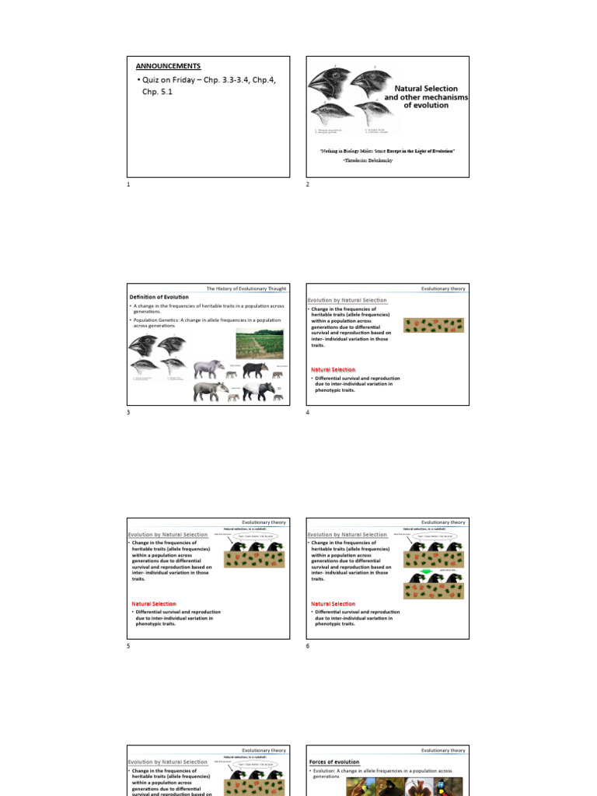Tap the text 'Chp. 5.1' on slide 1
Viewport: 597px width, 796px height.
coord(159,92)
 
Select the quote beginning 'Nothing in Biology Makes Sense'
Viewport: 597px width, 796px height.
coord(387,150)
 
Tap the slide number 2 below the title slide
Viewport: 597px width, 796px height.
coord(308,184)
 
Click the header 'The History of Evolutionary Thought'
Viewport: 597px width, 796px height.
coord(246,288)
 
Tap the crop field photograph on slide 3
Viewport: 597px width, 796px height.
coord(260,342)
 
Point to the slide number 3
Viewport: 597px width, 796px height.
coord(128,412)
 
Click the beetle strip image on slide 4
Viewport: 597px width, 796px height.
coord(434,325)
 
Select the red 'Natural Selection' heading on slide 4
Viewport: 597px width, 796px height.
coord(333,369)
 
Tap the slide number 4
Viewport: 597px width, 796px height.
coord(308,412)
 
